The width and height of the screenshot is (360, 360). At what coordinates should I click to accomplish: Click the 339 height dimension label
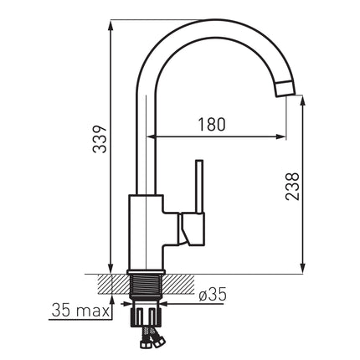click(x=100, y=139)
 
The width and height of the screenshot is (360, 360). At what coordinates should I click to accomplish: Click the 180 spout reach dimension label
click(x=211, y=125)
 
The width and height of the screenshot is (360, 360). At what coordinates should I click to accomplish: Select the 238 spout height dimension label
click(x=292, y=186)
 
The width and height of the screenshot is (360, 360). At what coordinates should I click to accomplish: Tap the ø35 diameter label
click(x=213, y=295)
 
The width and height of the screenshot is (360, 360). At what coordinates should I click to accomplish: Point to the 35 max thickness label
click(x=80, y=311)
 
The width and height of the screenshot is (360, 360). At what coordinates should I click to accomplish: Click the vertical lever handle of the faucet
click(x=199, y=187)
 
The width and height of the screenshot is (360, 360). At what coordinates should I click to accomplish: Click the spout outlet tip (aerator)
click(x=285, y=89)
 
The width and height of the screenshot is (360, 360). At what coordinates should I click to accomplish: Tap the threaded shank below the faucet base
click(x=146, y=284)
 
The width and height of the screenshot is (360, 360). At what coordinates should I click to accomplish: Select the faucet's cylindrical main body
click(x=146, y=232)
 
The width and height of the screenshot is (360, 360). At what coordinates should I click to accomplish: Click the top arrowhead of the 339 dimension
click(x=111, y=26)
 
